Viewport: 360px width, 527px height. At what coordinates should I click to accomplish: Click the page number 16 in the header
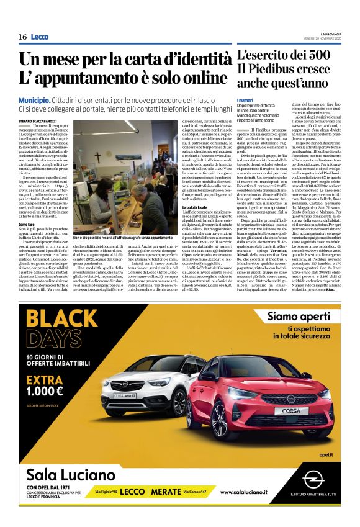(x=22, y=37)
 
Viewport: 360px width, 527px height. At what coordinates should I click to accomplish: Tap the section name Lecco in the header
(x=39, y=37)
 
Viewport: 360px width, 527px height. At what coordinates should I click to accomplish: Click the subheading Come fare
(x=26, y=223)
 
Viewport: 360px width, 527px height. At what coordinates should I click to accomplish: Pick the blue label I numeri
(x=246, y=101)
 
